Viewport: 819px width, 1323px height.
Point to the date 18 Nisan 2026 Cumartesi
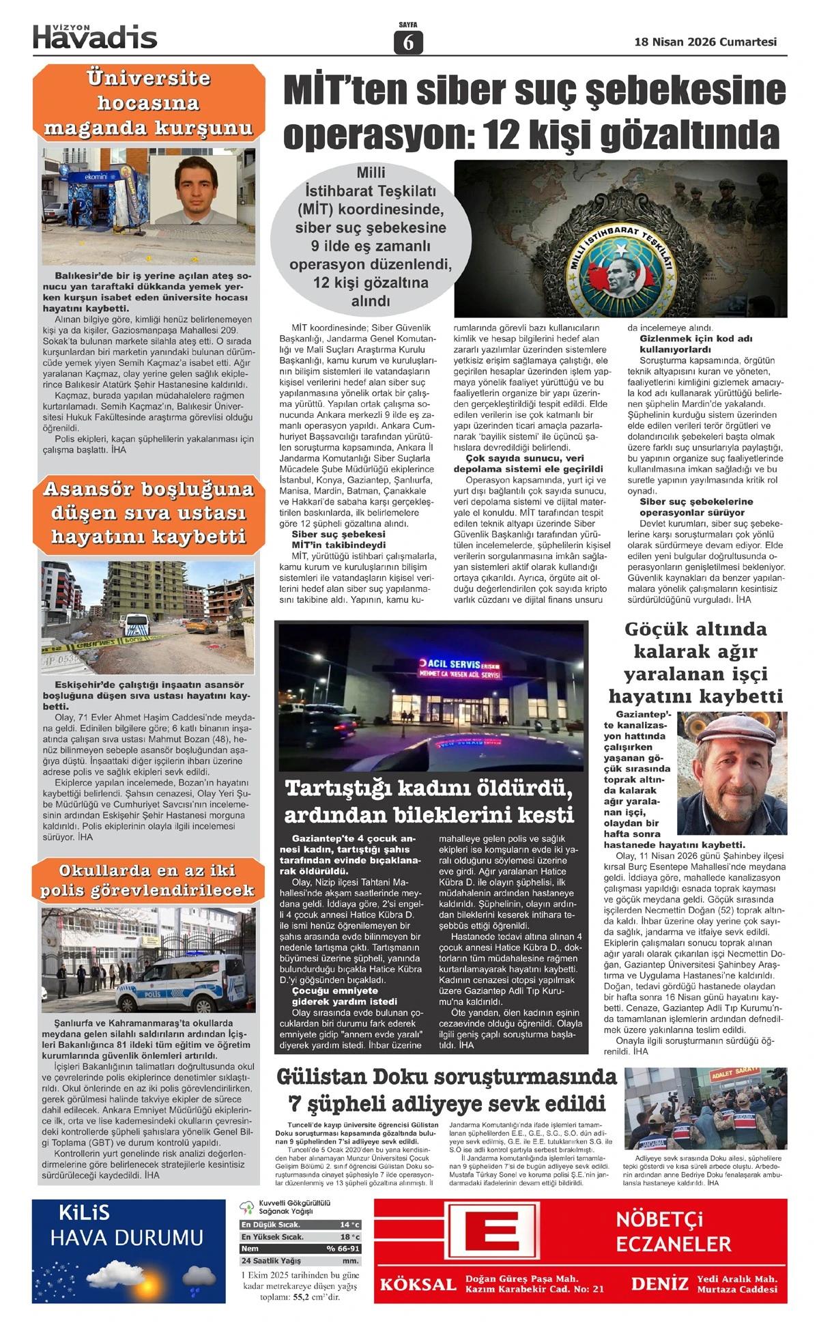click(705, 42)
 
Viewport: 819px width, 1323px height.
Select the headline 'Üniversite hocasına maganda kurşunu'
click(148, 103)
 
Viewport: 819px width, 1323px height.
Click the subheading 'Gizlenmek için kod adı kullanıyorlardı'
click(696, 344)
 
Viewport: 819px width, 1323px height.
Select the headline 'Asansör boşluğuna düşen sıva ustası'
click(148, 513)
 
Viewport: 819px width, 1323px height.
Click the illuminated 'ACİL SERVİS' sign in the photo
click(461, 669)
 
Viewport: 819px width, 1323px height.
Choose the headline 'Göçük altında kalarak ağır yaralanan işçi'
click(695, 662)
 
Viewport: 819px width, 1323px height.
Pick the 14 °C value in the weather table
click(349, 1225)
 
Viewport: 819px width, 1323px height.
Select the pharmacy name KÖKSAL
click(418, 1284)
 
